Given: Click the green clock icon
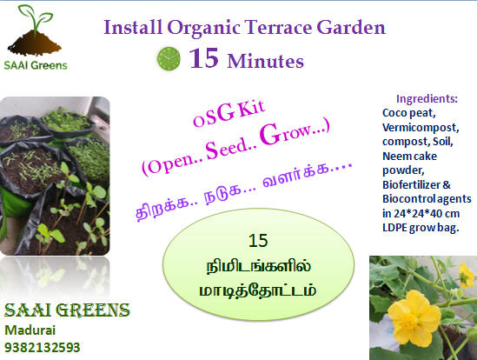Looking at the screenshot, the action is click(169, 59).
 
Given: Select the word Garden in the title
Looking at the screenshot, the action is click(351, 28).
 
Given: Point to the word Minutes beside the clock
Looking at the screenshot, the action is click(266, 61).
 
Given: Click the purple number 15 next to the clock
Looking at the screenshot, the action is click(203, 58).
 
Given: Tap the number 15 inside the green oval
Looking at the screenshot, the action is click(258, 241).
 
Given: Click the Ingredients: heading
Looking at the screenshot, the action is click(427, 98).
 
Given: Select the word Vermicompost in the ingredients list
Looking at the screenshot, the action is click(421, 127).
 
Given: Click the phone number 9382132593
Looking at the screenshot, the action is click(43, 348).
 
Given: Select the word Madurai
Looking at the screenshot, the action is click(30, 330).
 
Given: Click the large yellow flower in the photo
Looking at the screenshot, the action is click(409, 318).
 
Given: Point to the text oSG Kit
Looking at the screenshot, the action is click(229, 113).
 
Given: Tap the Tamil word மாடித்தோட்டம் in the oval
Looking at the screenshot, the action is click(258, 290).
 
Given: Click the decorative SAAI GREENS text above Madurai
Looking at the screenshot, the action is click(67, 310).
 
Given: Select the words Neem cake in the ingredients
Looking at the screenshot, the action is click(409, 156).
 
